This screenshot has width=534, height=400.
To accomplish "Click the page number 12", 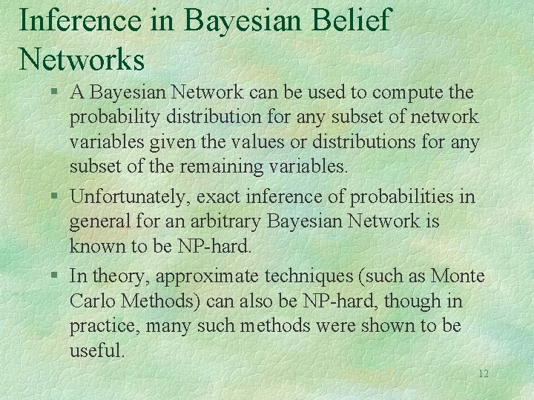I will pos(483,374).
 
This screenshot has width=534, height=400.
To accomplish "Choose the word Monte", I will pos(458,276).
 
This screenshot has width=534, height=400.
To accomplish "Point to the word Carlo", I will pos(91,301).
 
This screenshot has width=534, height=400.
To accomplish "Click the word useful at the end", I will pos(96,350).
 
